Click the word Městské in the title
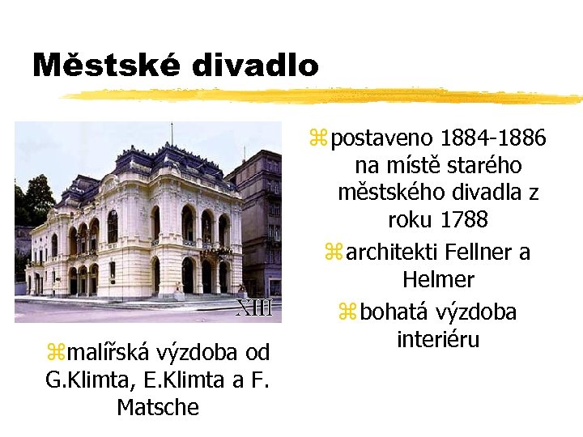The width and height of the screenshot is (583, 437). [100, 65]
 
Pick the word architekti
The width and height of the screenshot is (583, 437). [385, 252]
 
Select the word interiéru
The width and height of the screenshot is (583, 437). [438, 338]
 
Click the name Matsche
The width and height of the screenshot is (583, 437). [158, 406]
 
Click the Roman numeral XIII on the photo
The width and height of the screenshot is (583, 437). [253, 308]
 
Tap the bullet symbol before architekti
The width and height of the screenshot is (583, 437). [334, 252]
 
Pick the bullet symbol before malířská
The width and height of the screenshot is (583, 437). [55, 352]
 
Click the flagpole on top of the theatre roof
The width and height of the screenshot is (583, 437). [171, 133]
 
